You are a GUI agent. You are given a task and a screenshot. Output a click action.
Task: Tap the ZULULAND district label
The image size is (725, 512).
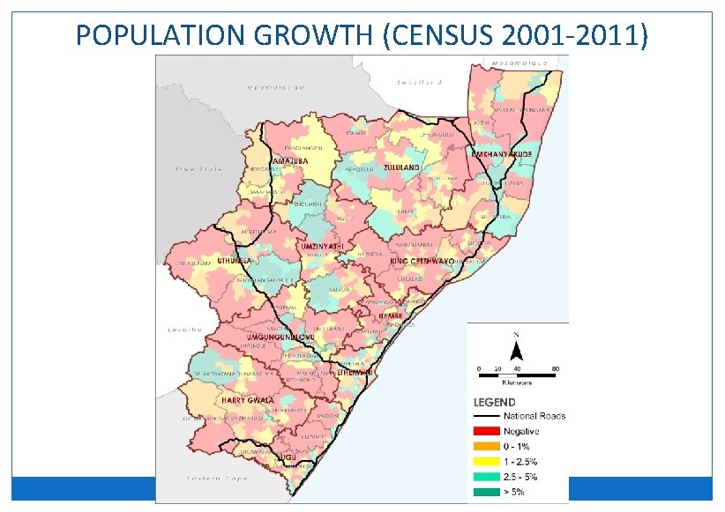click(401, 167)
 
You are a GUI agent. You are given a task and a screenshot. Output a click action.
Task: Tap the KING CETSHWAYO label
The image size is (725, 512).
click(422, 262)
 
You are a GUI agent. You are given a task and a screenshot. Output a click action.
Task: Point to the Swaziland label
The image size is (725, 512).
click(418, 81)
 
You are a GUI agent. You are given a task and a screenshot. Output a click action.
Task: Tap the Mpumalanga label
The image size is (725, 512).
click(274, 87)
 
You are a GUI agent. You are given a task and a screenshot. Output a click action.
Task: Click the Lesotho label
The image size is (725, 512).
click(180, 330)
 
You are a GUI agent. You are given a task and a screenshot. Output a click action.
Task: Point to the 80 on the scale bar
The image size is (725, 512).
click(555, 367)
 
